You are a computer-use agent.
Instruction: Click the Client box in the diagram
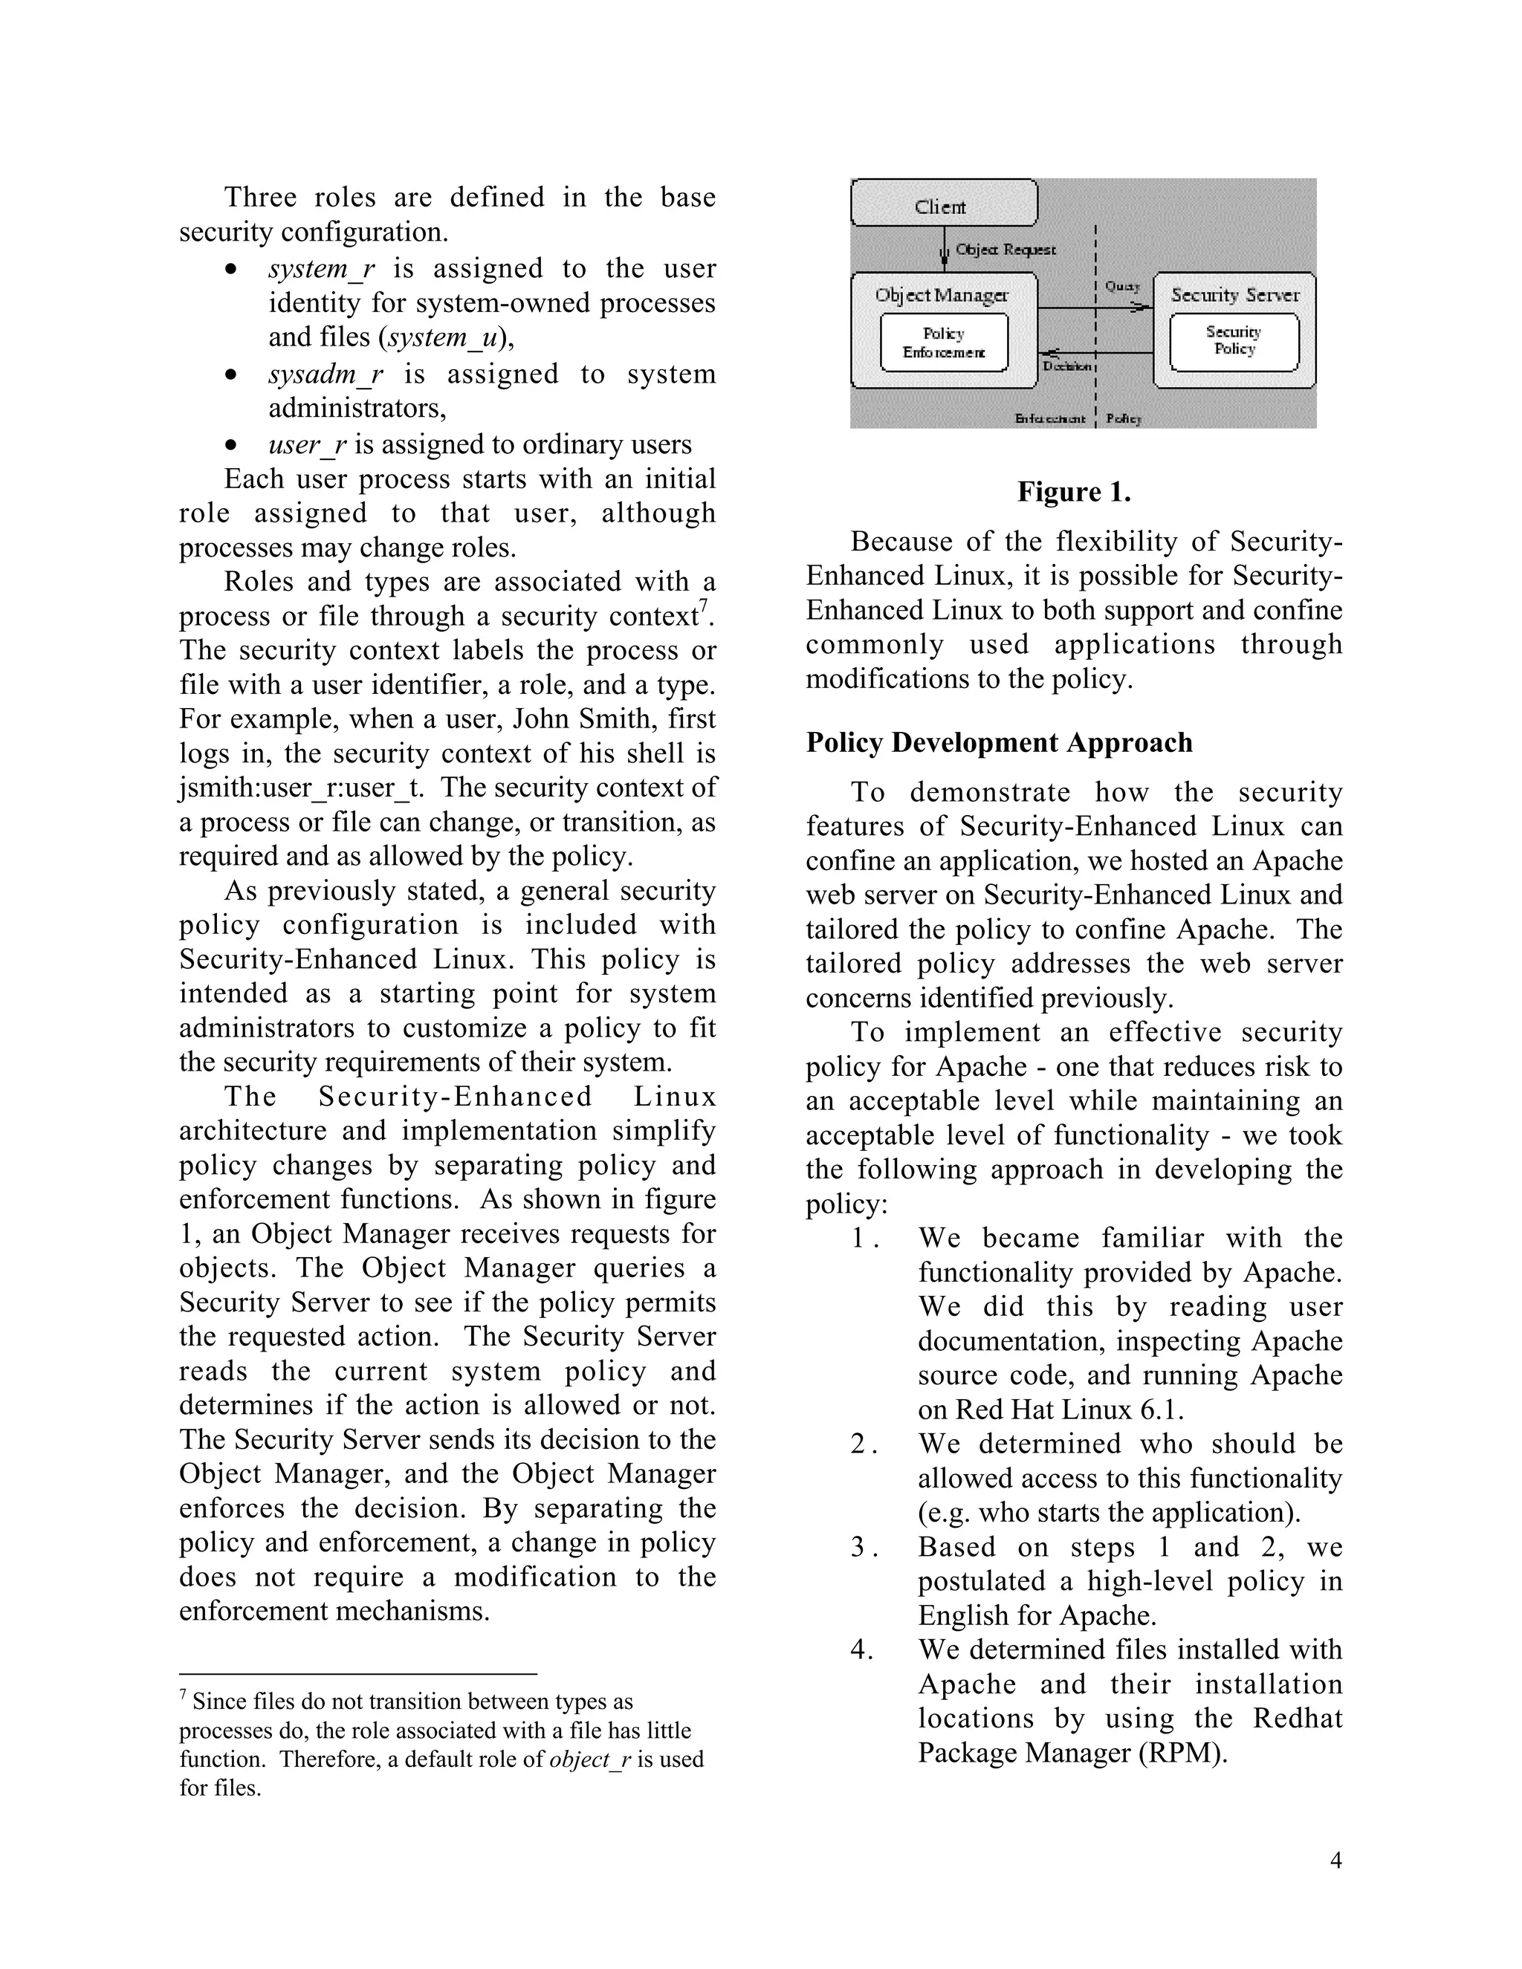point(943,204)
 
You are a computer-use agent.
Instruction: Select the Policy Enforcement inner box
point(943,343)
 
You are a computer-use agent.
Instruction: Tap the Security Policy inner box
point(1234,341)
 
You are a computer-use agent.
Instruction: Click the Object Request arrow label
point(1006,249)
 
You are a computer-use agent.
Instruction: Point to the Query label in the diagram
point(1123,286)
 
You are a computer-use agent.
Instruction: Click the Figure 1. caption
point(1074,492)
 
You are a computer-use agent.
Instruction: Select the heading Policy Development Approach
point(998,742)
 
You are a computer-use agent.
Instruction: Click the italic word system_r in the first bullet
point(321,269)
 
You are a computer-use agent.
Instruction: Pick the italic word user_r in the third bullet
point(308,444)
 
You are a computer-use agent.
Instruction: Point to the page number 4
point(1335,1861)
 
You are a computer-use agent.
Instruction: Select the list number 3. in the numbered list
point(863,1547)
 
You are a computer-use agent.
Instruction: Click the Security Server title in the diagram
point(1234,295)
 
